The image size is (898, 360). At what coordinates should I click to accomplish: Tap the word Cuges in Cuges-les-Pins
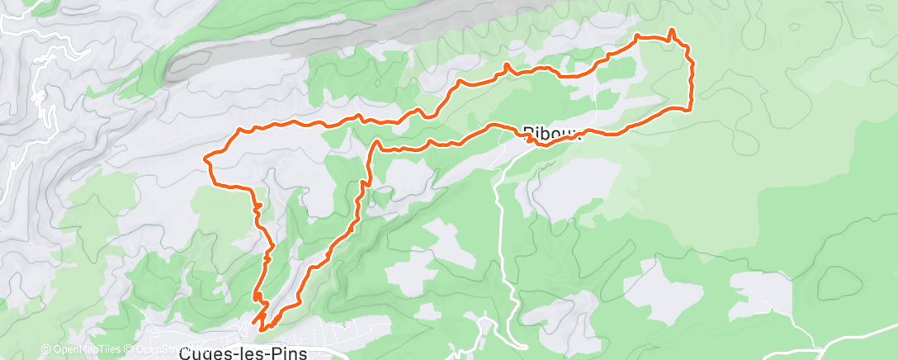tap(203, 353)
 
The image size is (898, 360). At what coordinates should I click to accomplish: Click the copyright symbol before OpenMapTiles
tap(45, 348)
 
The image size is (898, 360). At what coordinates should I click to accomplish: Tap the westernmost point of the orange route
tap(205, 157)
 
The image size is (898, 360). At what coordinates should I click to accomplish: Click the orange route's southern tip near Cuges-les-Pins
tap(262, 329)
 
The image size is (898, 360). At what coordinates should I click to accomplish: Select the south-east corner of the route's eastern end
tap(688, 108)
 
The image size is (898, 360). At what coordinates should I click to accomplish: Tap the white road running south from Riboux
tap(500, 223)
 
